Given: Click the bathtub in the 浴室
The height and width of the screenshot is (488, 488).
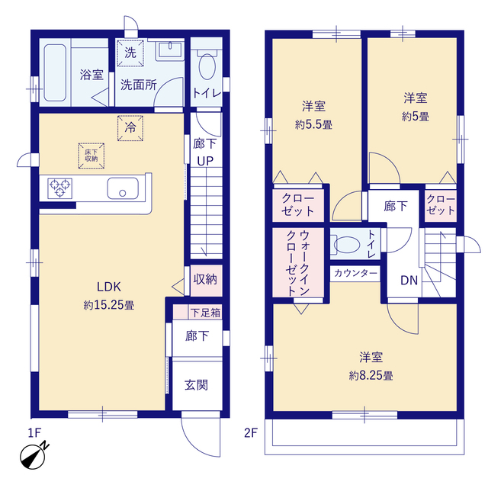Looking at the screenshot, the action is tap(55, 73).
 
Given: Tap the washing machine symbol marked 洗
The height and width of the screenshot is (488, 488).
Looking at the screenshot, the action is tap(130, 53).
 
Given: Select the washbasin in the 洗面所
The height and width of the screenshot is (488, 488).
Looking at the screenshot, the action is tap(169, 50).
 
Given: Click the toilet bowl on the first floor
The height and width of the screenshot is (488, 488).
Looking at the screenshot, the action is tap(207, 66).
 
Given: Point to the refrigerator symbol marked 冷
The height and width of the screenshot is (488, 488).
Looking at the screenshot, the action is tap(130, 128).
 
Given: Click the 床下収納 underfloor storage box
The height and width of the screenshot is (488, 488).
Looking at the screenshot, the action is tap(91, 156).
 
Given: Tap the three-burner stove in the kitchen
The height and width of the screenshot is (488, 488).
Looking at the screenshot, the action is tap(60, 188).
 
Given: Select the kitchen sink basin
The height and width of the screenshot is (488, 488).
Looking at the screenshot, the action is tap(123, 188).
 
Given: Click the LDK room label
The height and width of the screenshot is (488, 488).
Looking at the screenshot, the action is tap(109, 287).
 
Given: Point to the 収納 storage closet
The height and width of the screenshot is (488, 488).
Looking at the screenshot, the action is tap(206, 281).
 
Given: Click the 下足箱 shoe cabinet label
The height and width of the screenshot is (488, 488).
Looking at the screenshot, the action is tap(205, 313).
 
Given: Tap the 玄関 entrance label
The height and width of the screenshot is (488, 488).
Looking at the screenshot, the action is tap(196, 385).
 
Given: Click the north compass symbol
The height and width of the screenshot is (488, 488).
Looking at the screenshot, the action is tap(34, 456).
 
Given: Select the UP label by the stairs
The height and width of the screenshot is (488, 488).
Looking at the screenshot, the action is tap(205, 161).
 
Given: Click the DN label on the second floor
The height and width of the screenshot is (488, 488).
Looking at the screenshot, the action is tap(409, 281).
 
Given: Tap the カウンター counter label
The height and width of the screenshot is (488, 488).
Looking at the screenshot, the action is tap(355, 274).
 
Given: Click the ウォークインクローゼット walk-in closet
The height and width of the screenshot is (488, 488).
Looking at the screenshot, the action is tap(298, 263).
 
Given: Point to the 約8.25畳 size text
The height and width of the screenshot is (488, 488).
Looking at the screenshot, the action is tap(371, 376).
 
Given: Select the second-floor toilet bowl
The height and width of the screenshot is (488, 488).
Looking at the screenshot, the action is tap(346, 245).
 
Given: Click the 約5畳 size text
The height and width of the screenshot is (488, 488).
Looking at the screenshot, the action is tap(416, 117).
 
